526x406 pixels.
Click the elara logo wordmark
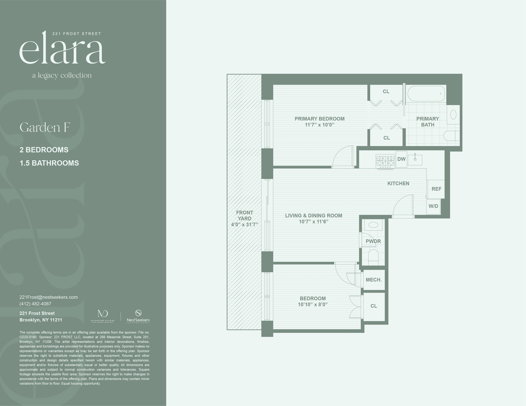tap(62, 49)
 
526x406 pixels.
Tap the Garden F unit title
tap(45, 128)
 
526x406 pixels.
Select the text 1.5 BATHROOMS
tap(49, 163)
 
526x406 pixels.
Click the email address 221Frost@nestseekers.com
tap(49, 297)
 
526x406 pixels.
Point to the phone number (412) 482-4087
tap(35, 304)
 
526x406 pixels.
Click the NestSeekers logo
tap(138, 316)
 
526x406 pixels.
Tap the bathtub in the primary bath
tap(426, 94)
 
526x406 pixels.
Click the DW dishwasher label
tap(401, 159)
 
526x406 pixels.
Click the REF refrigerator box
tap(436, 189)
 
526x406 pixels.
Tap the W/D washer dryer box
tap(433, 206)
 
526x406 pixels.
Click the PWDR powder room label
tap(373, 241)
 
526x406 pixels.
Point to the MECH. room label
tap(374, 280)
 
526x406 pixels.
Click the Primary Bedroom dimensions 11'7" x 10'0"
tap(319, 125)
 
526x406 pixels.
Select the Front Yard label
tap(244, 215)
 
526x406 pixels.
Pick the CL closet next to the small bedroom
tap(374, 306)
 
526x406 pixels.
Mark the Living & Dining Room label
tap(314, 216)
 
